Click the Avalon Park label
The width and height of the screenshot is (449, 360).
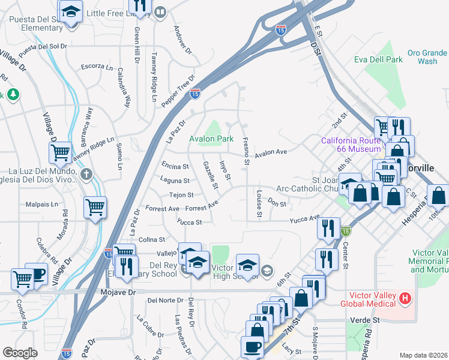coord(211,139)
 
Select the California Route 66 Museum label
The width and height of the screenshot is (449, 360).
coord(351,145)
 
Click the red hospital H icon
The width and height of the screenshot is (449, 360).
coord(406,298)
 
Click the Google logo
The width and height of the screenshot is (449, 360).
coord(20,352)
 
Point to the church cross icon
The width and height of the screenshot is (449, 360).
coord(86,175)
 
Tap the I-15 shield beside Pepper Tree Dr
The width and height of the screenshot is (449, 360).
coord(195,93)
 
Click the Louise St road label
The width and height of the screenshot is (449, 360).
coord(259,205)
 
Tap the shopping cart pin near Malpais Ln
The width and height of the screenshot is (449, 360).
coord(95,207)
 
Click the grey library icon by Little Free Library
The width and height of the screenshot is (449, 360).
coord(160,13)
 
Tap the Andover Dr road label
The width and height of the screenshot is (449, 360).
coord(181,40)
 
